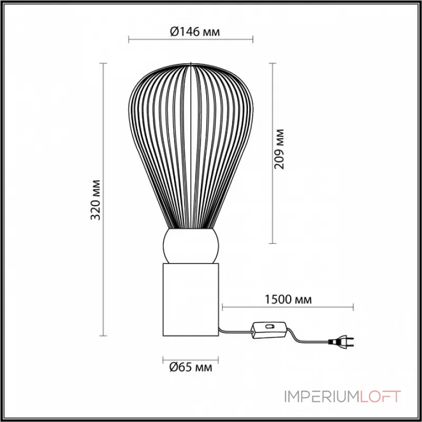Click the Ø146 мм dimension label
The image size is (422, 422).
[x=195, y=32]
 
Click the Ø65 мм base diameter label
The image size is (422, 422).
[x=190, y=367]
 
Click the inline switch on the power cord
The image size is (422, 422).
[x=270, y=329]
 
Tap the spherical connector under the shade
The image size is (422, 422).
[x=190, y=246]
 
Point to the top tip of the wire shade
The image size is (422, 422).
[x=190, y=63]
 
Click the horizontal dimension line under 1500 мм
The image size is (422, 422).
[x=287, y=306]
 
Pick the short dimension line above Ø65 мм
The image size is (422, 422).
[x=190, y=356]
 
